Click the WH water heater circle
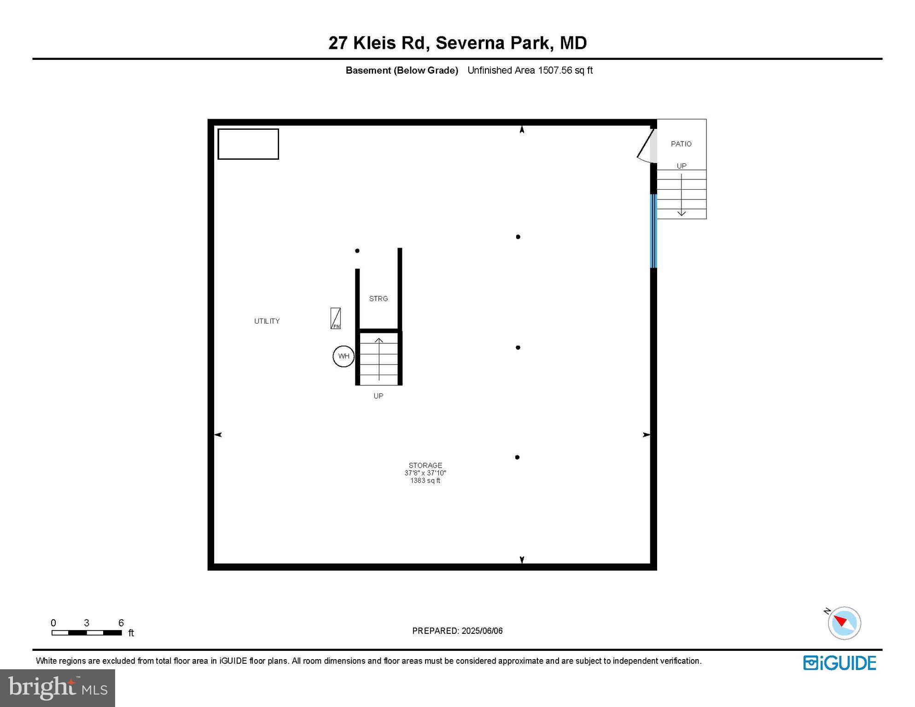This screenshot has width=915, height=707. [344, 356]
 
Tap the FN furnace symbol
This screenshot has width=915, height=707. [336, 319]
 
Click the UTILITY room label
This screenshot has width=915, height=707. [267, 321]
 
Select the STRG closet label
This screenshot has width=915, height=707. [379, 299]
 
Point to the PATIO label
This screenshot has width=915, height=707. [681, 144]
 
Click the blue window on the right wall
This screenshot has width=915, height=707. [653, 231]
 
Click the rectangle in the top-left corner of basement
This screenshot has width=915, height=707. [248, 144]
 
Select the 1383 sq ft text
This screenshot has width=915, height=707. [425, 481]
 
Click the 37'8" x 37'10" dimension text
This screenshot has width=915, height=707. [425, 473]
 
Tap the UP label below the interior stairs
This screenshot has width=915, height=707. [379, 396]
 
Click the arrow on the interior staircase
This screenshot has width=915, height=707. [379, 359]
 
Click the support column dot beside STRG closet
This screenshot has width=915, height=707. [357, 251]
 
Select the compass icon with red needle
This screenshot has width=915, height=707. [844, 623]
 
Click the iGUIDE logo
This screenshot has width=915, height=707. [839, 663]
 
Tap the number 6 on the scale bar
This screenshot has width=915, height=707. [121, 623]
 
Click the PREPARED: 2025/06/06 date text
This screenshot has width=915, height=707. [457, 631]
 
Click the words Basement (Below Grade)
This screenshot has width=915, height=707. [402, 70]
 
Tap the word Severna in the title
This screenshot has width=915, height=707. [469, 43]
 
